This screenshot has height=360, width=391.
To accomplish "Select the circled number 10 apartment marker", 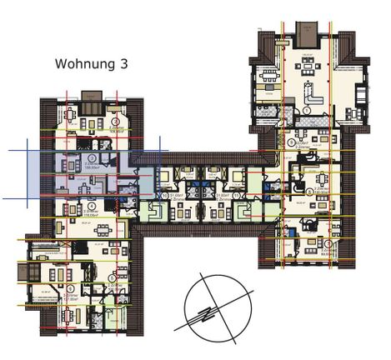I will (x=166, y=197).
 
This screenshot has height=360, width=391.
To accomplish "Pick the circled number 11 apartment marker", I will (x=235, y=197).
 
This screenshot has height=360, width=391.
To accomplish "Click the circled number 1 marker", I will (x=307, y=109).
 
